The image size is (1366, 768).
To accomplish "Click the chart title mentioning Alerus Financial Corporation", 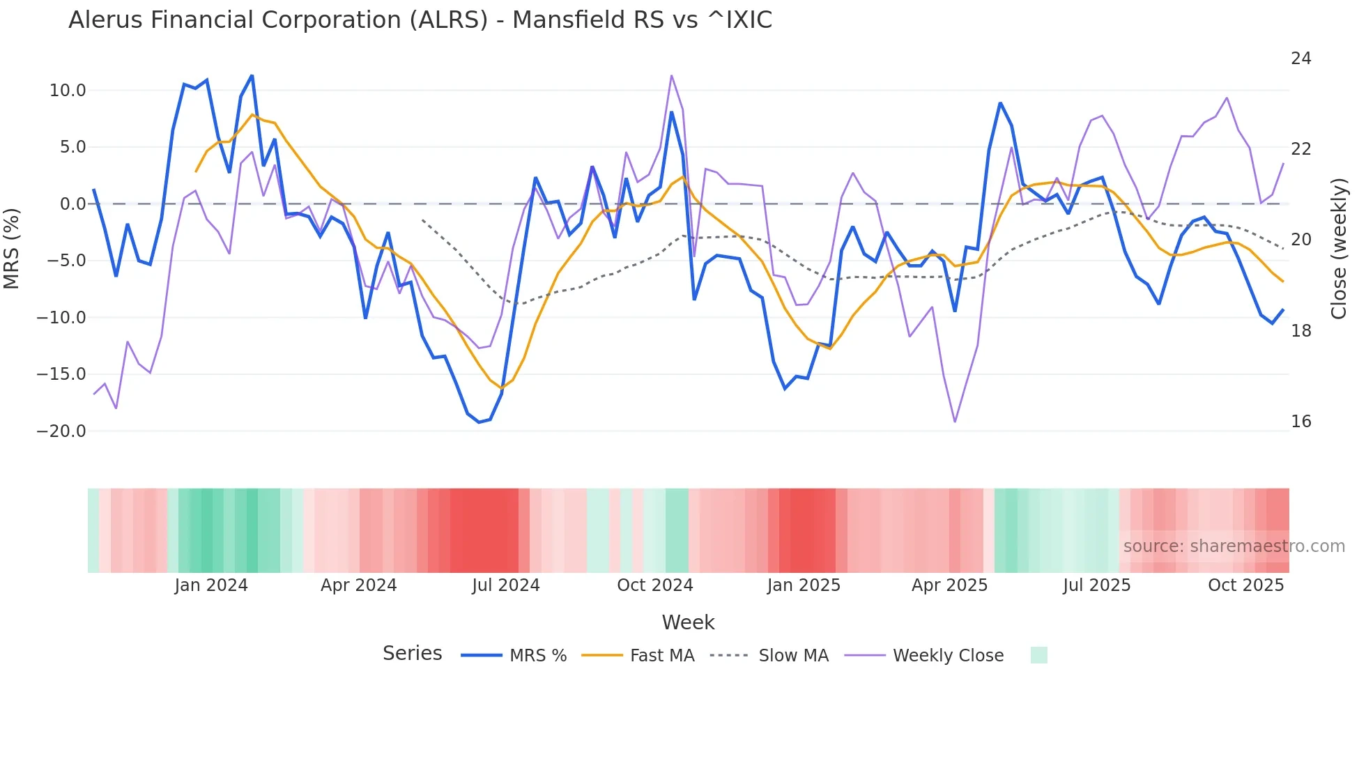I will [420, 20].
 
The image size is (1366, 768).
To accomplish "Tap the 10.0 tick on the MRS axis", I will [68, 91].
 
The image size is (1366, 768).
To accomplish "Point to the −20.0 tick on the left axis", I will [61, 431].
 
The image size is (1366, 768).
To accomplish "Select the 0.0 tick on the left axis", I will [72, 204].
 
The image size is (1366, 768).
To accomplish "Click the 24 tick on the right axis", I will [1300, 59].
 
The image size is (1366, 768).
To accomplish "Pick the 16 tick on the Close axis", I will [1300, 422].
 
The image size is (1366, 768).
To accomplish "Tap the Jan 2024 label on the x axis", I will [211, 585].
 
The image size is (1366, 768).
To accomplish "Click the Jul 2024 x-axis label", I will [506, 585].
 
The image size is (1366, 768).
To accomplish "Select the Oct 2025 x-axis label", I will [1245, 585].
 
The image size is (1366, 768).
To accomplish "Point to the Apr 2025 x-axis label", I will [949, 585].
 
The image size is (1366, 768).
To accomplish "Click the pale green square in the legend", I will [1038, 656].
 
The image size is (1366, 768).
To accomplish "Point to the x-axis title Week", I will [688, 622].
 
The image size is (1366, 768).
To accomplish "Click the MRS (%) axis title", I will [12, 248].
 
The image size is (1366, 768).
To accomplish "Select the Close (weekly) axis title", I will [1338, 248].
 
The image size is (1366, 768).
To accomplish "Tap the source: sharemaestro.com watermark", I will [1234, 546].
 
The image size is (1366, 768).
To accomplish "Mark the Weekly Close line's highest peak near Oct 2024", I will [671, 75].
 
